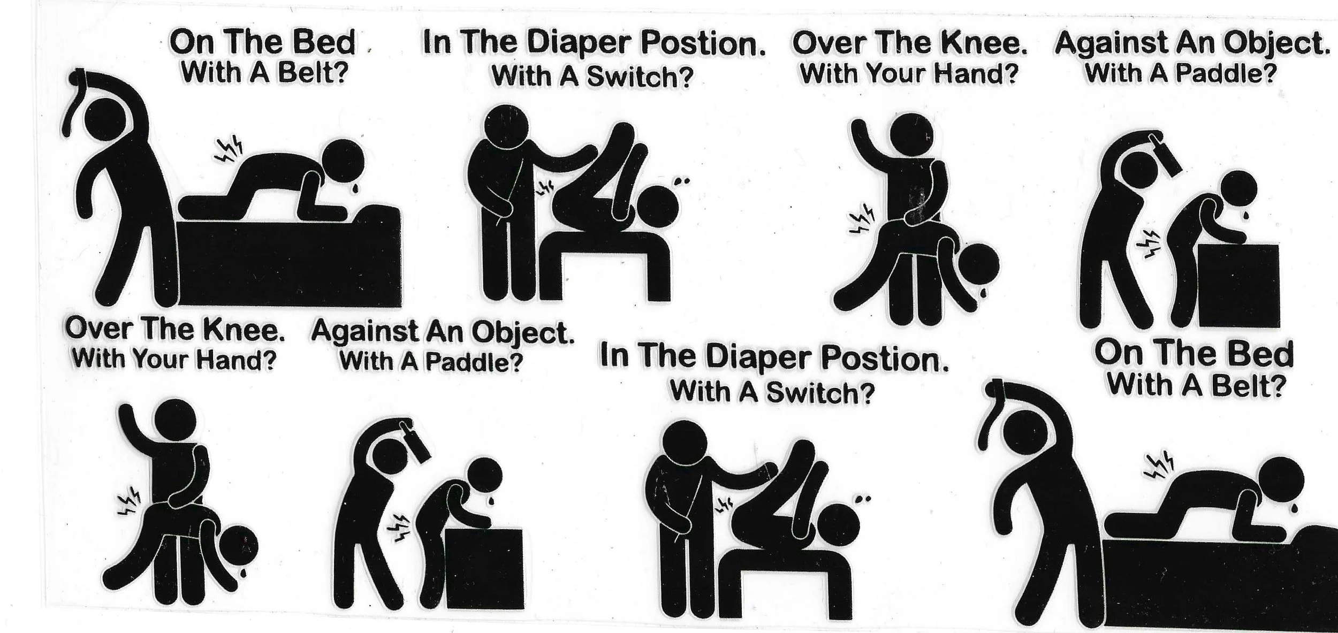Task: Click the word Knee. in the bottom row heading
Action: pyautogui.click(x=244, y=330)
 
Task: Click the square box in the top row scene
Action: pyautogui.click(x=1237, y=285)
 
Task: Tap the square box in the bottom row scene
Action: pyautogui.click(x=484, y=569)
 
